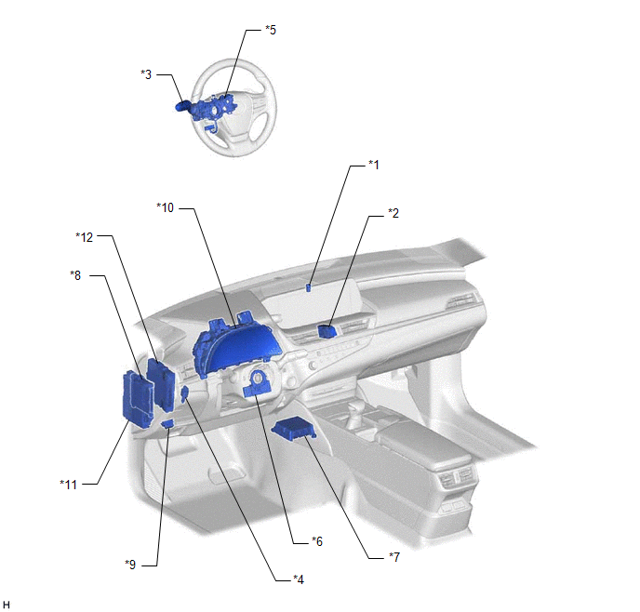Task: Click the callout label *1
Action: coord(374,165)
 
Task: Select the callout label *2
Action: coord(393,213)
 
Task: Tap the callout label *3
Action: coord(146,74)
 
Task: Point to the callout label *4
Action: coord(299,579)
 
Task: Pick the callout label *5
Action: coord(271,30)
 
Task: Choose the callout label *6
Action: coord(317,541)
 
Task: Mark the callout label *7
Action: coord(394,557)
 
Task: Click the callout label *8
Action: coord(75,275)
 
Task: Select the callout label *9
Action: coord(130,565)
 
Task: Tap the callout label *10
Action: coord(166,207)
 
